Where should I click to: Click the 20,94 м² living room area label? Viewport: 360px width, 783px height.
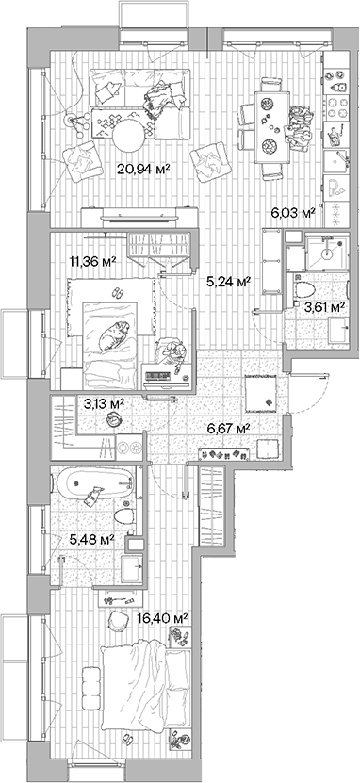142,170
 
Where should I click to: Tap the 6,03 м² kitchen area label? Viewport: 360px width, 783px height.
291,213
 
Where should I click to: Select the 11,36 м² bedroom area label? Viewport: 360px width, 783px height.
93,263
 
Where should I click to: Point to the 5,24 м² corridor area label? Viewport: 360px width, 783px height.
228,280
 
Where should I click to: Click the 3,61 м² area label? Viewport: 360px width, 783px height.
322,306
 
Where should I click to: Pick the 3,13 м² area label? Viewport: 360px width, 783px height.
106,404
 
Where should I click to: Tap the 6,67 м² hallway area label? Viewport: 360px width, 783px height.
228,429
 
